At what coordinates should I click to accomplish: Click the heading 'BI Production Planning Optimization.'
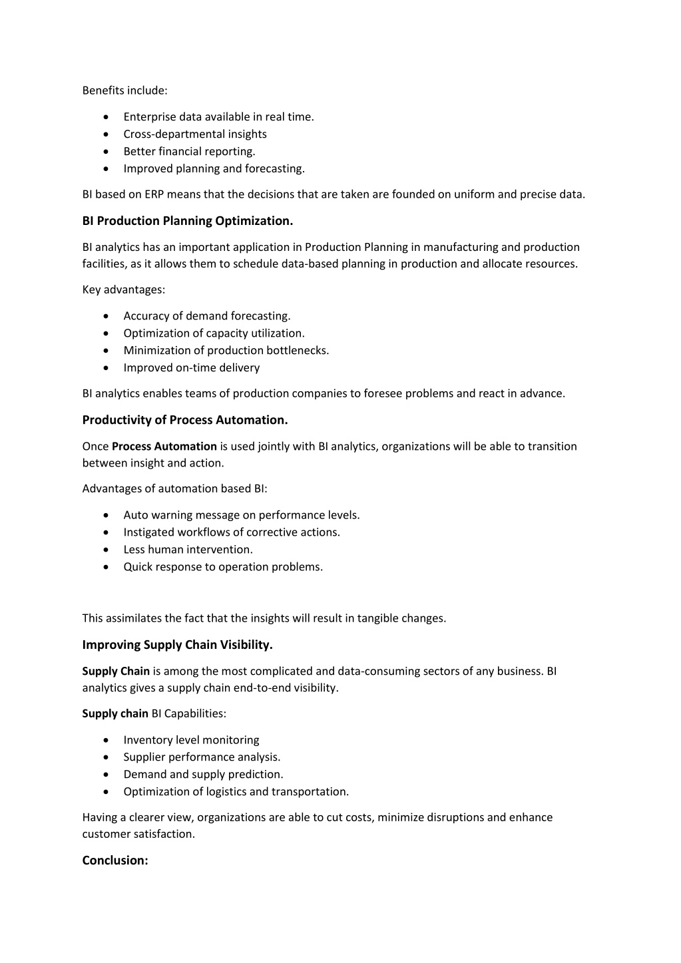pyautogui.click(x=187, y=221)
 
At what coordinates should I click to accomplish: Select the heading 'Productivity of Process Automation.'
pyautogui.click(x=184, y=420)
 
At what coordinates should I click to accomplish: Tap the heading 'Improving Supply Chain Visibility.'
pyautogui.click(x=177, y=645)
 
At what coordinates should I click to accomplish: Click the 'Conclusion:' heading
pyautogui.click(x=114, y=861)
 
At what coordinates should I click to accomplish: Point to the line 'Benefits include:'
pyautogui.click(x=124, y=90)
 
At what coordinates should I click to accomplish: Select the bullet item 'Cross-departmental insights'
pyautogui.click(x=194, y=134)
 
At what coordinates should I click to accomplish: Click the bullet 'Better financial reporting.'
pyautogui.click(x=189, y=152)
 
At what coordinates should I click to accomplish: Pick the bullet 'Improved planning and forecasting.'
pyautogui.click(x=214, y=169)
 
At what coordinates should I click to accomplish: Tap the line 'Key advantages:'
pyautogui.click(x=123, y=289)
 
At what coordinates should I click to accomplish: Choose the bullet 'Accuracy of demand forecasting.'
pyautogui.click(x=206, y=316)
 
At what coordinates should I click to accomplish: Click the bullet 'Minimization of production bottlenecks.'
pyautogui.click(x=226, y=351)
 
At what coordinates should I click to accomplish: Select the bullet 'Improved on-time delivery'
pyautogui.click(x=191, y=368)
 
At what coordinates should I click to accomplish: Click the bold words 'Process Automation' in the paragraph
pyautogui.click(x=164, y=447)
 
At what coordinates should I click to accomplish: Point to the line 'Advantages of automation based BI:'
pyautogui.click(x=174, y=488)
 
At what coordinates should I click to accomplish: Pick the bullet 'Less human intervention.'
pyautogui.click(x=188, y=550)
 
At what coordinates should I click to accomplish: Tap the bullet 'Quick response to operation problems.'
pyautogui.click(x=222, y=567)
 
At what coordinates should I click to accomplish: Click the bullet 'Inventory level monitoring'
pyautogui.click(x=191, y=740)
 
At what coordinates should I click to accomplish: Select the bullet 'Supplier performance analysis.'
pyautogui.click(x=202, y=757)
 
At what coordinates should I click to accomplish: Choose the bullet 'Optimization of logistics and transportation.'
pyautogui.click(x=236, y=792)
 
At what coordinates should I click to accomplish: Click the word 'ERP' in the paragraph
pyautogui.click(x=154, y=194)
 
